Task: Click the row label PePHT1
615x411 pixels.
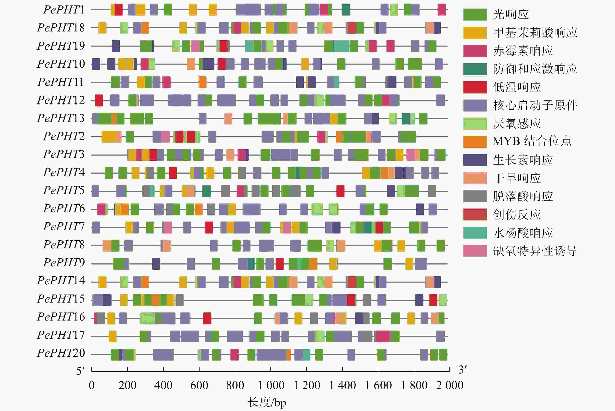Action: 64,10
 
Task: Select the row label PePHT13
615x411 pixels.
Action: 61,118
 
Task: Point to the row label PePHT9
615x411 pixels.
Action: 64,263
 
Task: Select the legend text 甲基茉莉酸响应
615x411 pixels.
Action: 535,32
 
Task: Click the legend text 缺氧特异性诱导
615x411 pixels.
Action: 535,251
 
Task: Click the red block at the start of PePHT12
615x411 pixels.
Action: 99,100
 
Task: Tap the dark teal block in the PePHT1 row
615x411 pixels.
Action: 346,10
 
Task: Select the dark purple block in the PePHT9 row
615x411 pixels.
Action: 156,264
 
